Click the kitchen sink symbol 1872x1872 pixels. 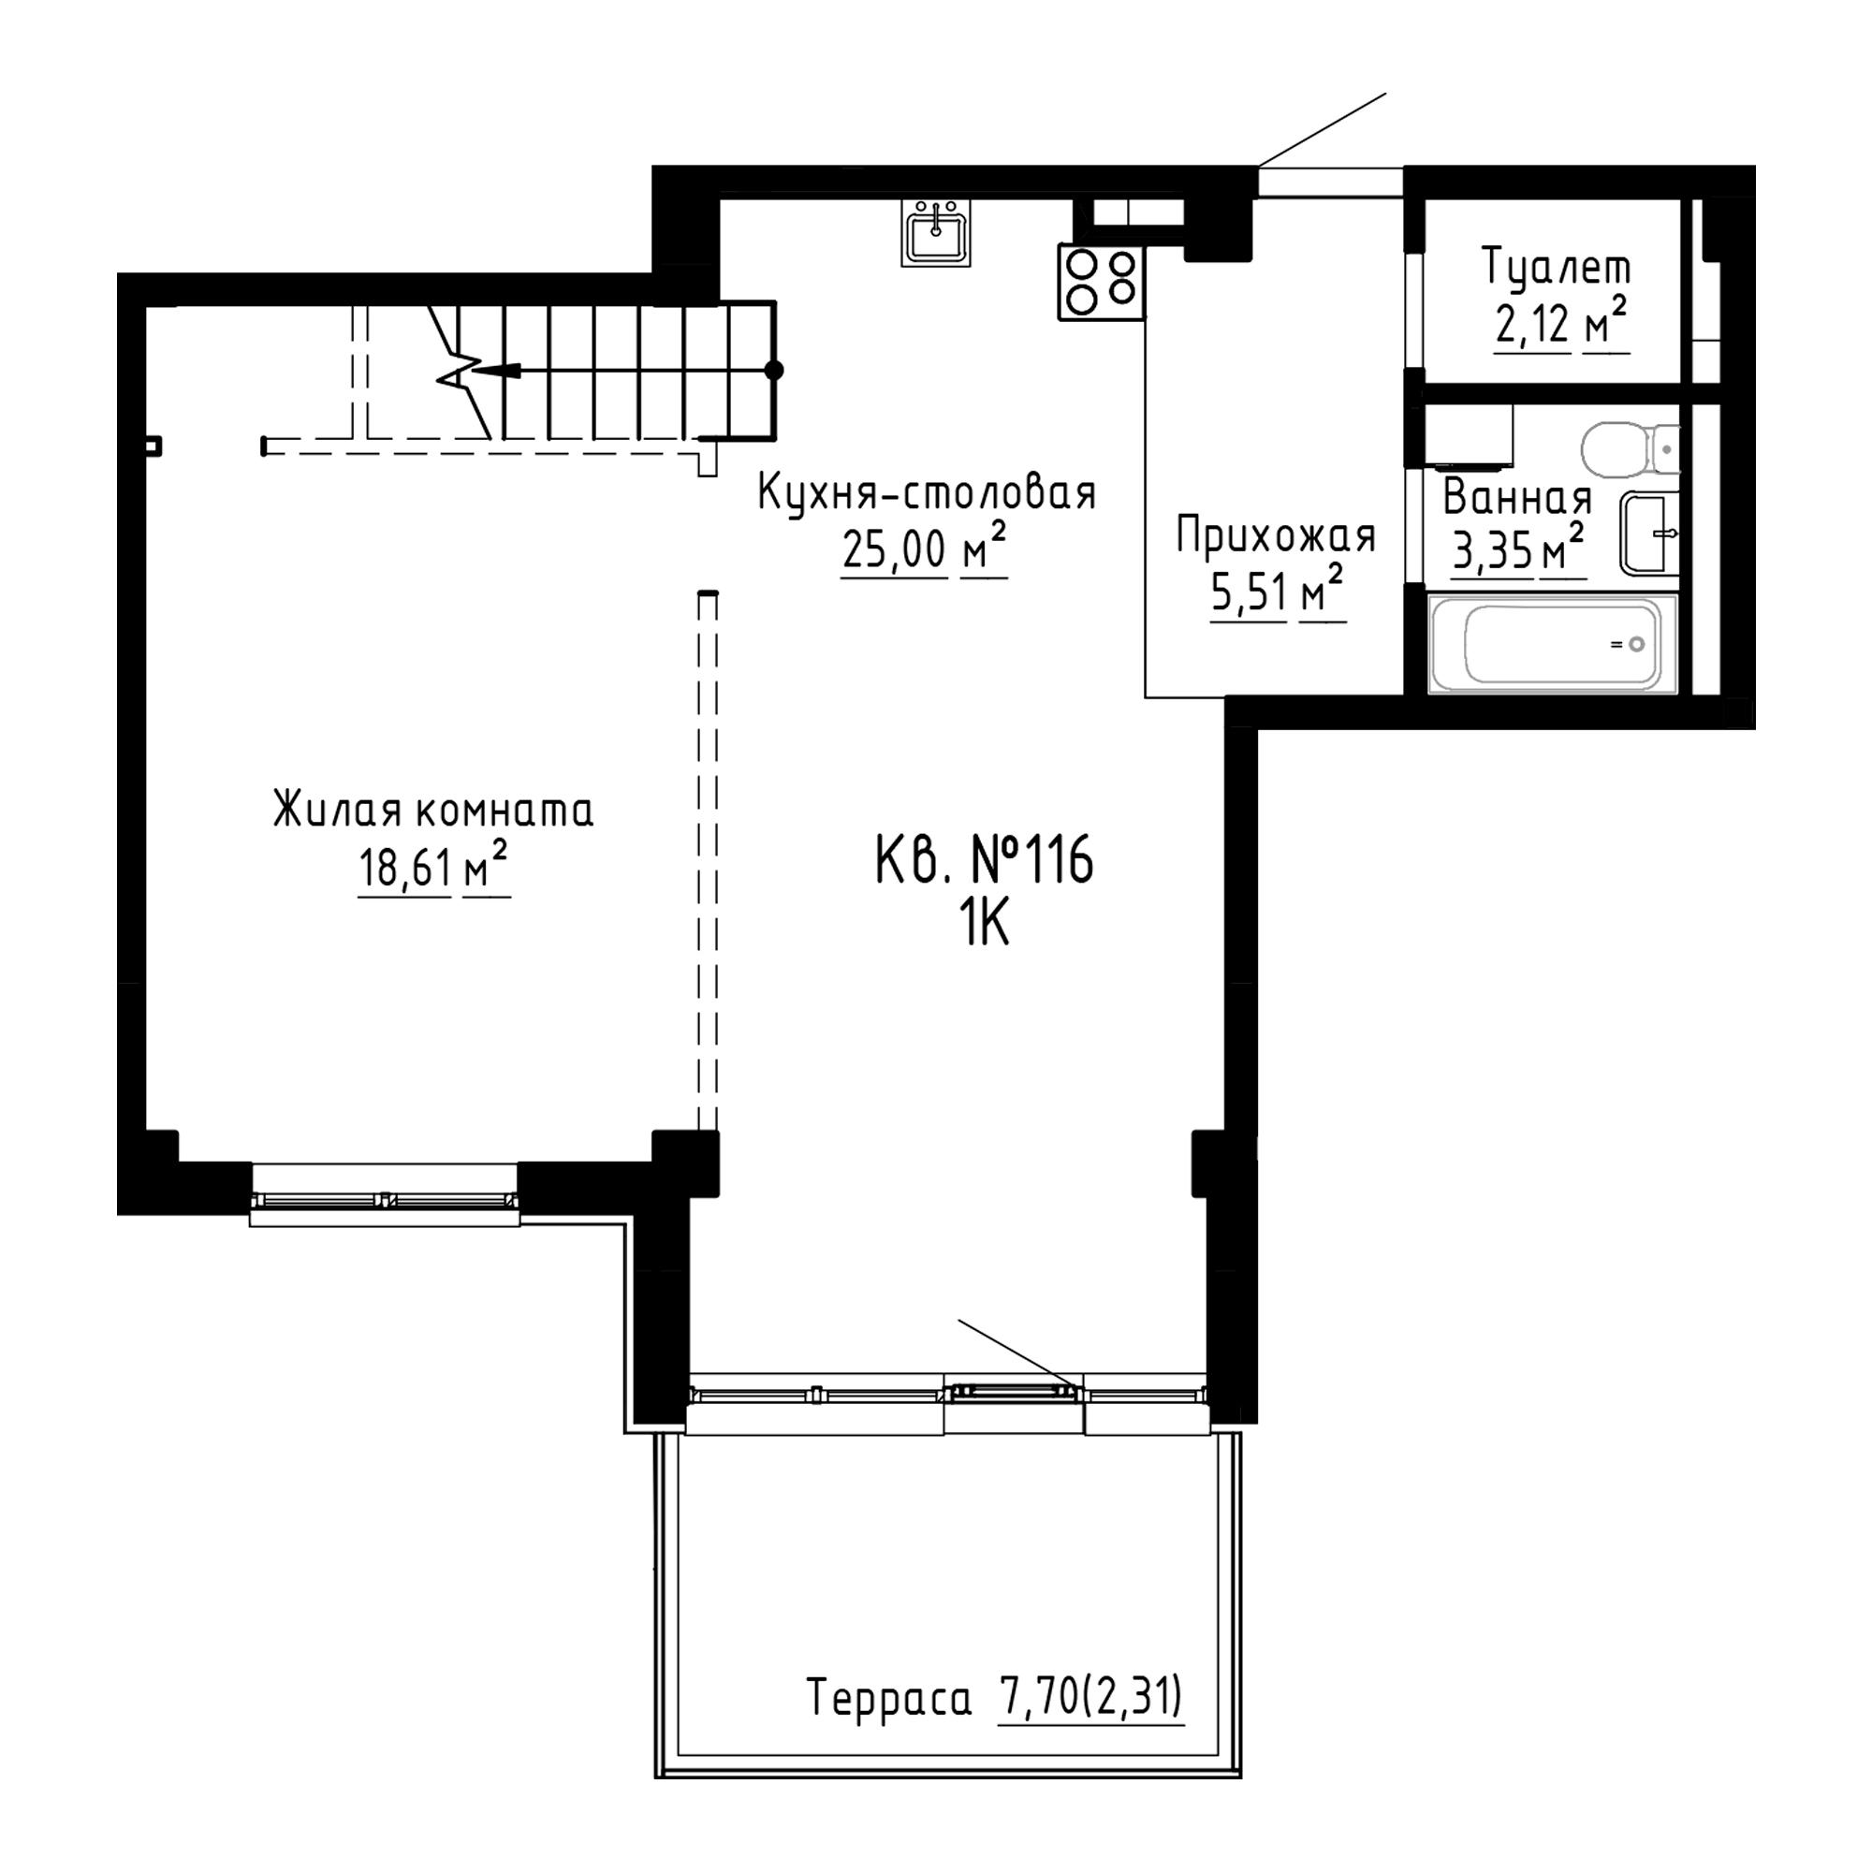935,232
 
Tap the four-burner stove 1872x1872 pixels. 1101,282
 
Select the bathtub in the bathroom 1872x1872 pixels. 1552,644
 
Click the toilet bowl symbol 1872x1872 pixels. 1630,449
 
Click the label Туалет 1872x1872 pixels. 1557,267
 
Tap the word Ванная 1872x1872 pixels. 1517,498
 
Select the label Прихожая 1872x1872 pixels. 1276,535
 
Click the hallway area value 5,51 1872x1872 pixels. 1248,593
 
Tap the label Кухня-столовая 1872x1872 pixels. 927,492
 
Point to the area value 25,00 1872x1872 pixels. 893,549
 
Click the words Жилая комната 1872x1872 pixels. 433,810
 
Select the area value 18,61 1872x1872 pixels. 405,868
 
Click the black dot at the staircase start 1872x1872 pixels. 773,370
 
